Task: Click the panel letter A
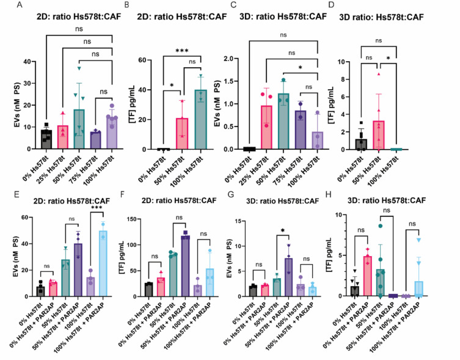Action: point(19,5)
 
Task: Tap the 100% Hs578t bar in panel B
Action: point(200,120)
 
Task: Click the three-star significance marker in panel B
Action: point(182,51)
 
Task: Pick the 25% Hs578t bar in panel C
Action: point(266,128)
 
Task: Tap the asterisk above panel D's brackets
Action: point(388,58)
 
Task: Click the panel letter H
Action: point(328,195)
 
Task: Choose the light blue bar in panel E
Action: point(103,263)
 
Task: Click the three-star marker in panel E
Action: point(97,208)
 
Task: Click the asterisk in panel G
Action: point(283,230)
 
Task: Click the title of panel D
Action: point(381,17)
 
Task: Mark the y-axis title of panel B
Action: point(131,105)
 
